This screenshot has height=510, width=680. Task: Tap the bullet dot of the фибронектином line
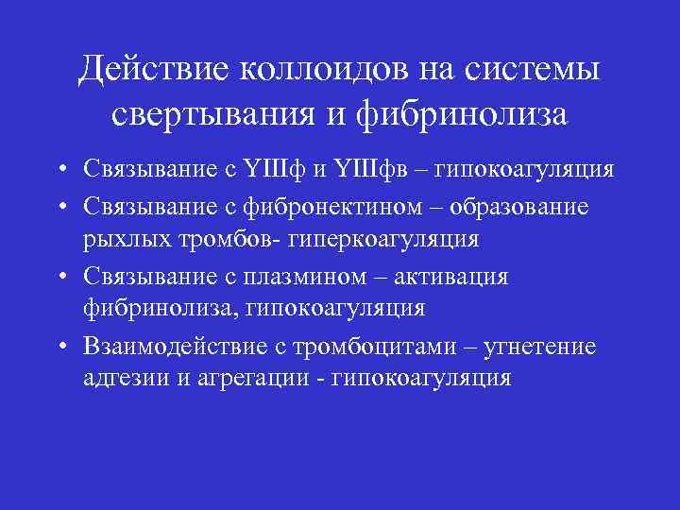[59, 206]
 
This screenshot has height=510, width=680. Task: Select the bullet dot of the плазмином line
[59, 276]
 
